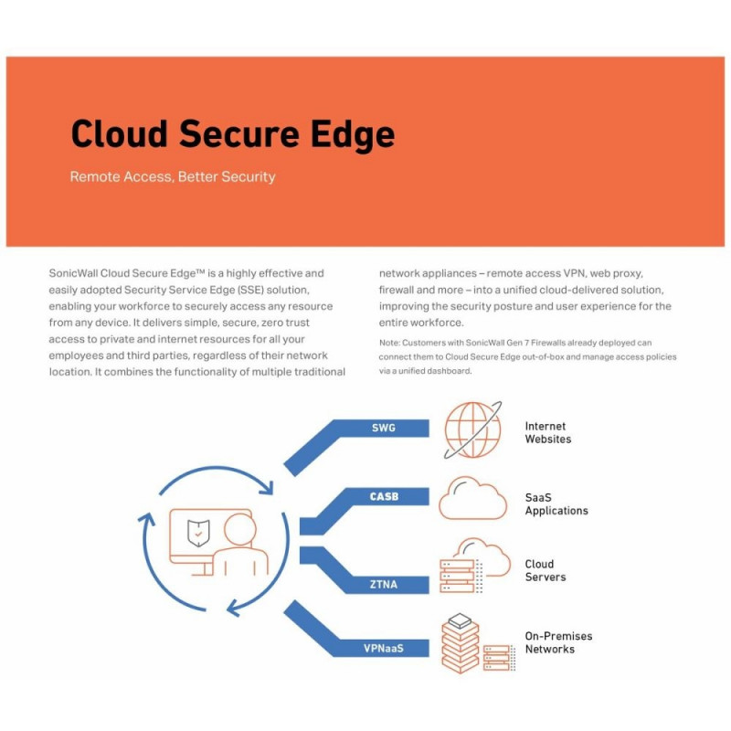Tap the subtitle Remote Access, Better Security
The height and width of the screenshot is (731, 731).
(x=173, y=176)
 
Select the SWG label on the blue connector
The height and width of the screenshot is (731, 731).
(x=384, y=428)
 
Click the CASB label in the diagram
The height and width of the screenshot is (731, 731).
(x=384, y=496)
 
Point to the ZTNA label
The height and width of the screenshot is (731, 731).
(x=384, y=584)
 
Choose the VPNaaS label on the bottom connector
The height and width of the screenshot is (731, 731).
(x=384, y=648)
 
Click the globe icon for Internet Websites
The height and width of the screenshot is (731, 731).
(x=472, y=429)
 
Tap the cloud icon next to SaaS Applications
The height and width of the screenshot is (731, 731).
(x=472, y=498)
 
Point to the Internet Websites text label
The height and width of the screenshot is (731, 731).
(x=547, y=432)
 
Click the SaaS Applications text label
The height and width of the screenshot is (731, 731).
(x=556, y=504)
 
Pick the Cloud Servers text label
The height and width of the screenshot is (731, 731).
(x=546, y=570)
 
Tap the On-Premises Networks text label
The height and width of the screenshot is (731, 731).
(x=558, y=642)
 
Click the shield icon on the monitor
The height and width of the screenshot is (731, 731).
(x=198, y=533)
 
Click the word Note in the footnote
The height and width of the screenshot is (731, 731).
(x=389, y=343)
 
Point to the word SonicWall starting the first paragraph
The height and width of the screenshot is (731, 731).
(x=73, y=273)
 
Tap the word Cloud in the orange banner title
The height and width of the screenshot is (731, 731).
(x=120, y=133)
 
